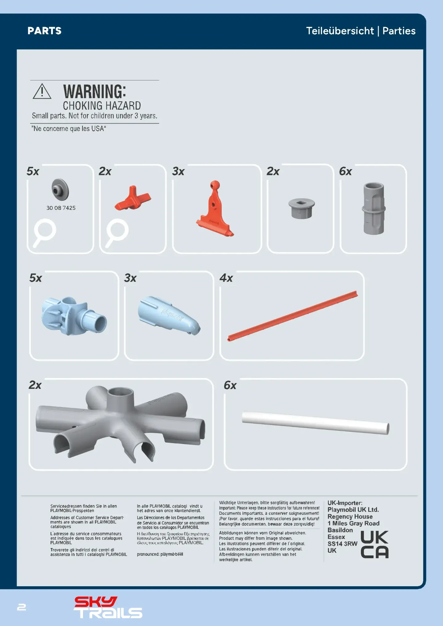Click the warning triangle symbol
point(42,91)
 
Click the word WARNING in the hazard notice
point(94,91)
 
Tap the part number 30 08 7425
point(61,208)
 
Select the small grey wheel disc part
point(60,189)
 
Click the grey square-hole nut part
point(301,208)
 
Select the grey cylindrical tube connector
point(374,208)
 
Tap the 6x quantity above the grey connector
point(345,171)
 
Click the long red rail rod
point(293,316)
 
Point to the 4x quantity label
point(226,278)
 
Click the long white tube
point(316,422)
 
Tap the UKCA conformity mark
point(374,544)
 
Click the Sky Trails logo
point(108,607)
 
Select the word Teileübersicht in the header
point(340,31)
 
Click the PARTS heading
point(45,31)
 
